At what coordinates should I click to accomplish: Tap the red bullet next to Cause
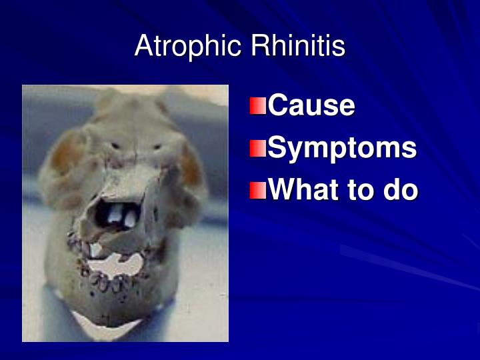click(258, 106)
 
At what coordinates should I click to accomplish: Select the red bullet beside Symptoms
click(258, 149)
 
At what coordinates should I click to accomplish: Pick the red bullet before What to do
click(258, 191)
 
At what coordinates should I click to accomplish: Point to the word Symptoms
click(342, 149)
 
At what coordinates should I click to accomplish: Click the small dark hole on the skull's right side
click(158, 146)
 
